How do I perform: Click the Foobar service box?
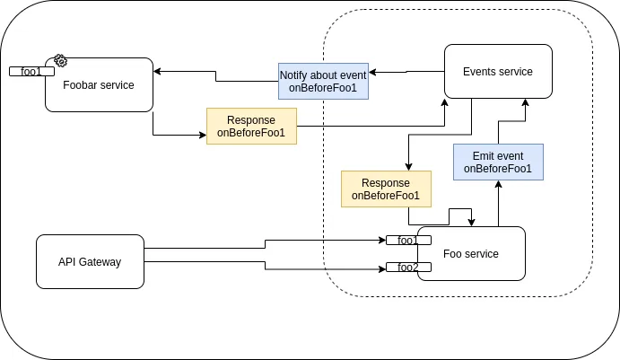click(99, 85)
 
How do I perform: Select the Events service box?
click(497, 72)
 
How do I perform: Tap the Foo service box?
click(470, 254)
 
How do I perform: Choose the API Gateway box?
click(90, 261)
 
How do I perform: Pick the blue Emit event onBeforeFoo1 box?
click(497, 162)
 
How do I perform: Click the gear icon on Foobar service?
click(60, 60)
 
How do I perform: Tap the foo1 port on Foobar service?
click(31, 71)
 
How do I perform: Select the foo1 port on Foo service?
click(408, 240)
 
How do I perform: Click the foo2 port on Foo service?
click(408, 267)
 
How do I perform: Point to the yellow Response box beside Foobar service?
click(251, 127)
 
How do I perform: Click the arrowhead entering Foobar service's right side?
click(158, 70)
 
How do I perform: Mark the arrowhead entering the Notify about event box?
click(372, 71)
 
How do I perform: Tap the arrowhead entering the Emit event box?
click(497, 184)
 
